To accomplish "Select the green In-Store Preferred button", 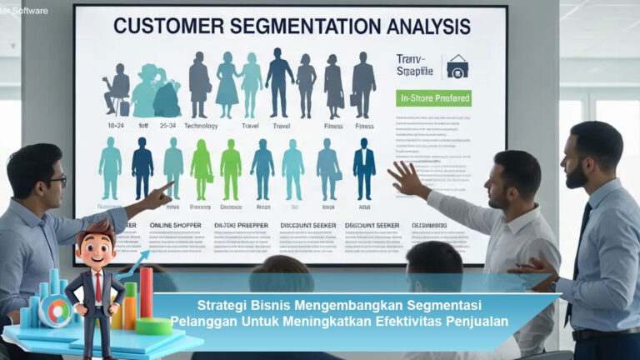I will [x=433, y=98].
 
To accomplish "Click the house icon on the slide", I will [x=457, y=65].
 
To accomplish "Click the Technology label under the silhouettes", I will [x=201, y=127].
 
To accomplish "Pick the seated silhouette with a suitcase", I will [x=117, y=88].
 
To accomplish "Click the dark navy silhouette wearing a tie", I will [x=364, y=168].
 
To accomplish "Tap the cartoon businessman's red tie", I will [x=97, y=288].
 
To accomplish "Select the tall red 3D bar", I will [x=146, y=292].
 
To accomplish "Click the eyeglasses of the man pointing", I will [x=56, y=180].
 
